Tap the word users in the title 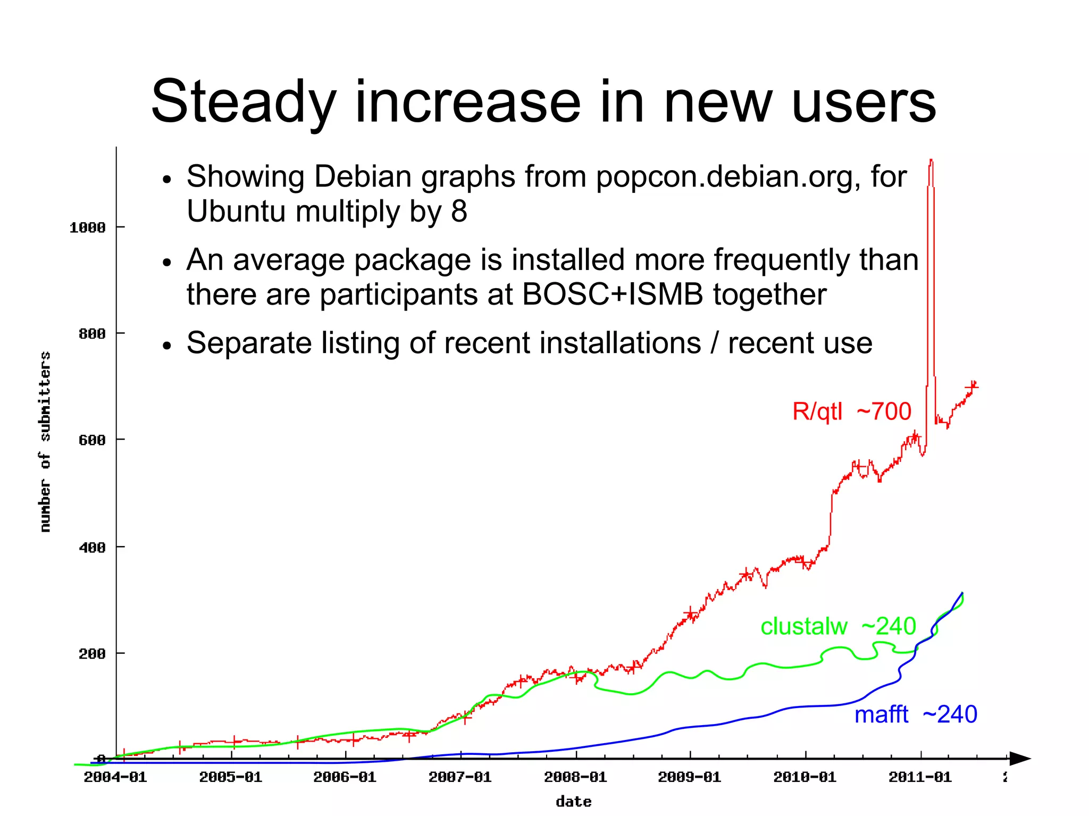pyautogui.click(x=864, y=102)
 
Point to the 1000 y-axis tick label pyautogui.click(x=88, y=228)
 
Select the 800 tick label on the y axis pyautogui.click(x=92, y=334)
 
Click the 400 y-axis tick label pyautogui.click(x=92, y=547)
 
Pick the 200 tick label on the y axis pyautogui.click(x=92, y=653)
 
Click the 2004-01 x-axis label pyautogui.click(x=115, y=777)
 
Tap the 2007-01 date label pyautogui.click(x=460, y=777)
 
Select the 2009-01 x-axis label pyautogui.click(x=690, y=777)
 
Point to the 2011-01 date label pyautogui.click(x=920, y=777)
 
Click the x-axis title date pyautogui.click(x=573, y=802)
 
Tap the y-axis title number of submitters pyautogui.click(x=46, y=441)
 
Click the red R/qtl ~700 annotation pyautogui.click(x=851, y=411)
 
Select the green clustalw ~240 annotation pyautogui.click(x=838, y=626)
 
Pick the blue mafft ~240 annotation pyautogui.click(x=916, y=714)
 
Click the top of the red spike pyautogui.click(x=931, y=161)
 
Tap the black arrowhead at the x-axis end pyautogui.click(x=1020, y=759)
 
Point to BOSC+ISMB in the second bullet pyautogui.click(x=613, y=295)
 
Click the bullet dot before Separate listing pyautogui.click(x=167, y=346)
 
